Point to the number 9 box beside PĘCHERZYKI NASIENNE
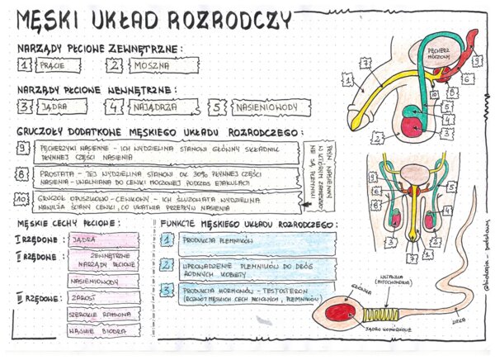(x=23, y=147)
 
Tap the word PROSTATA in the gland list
(x=57, y=173)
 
